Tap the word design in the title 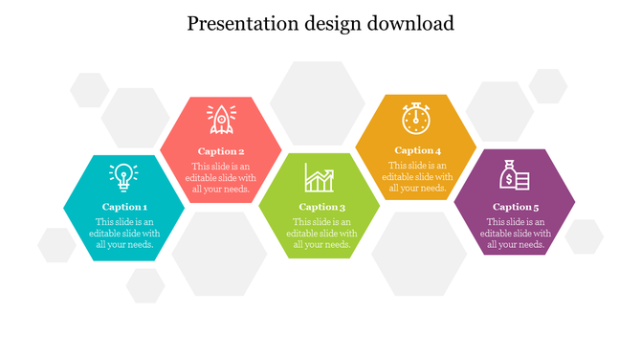coord(327,23)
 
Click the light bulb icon coord(123,177)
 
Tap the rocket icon coord(221,120)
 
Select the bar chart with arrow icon coord(320,177)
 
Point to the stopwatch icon coord(416,119)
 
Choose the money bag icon coord(515,175)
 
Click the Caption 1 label coord(124,207)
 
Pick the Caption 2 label coord(221,151)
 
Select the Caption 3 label coord(321,207)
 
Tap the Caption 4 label coord(417,150)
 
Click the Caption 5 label coord(516,207)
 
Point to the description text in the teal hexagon coord(124,233)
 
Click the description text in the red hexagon coord(221,177)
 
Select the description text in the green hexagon coord(321,233)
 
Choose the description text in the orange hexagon coord(417,176)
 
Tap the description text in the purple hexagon coord(516,233)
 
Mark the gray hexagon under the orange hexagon coord(418,254)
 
